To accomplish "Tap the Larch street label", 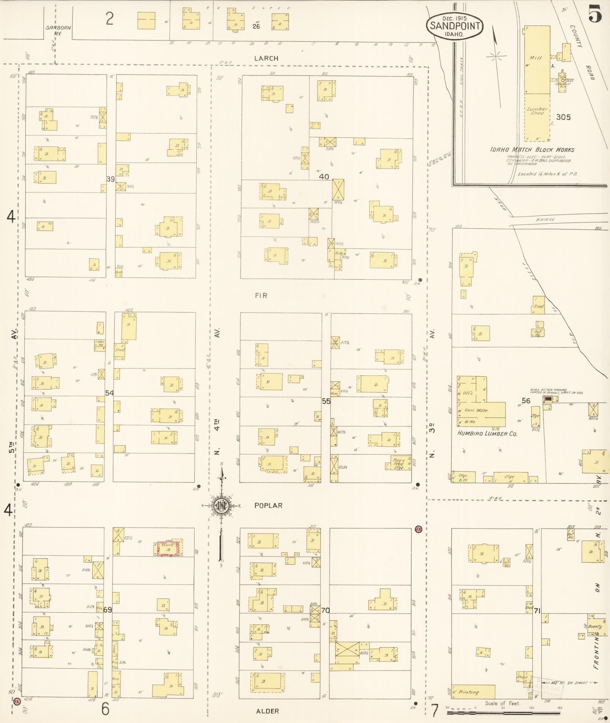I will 266,58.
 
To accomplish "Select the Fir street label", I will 261,296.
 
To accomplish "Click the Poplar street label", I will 268,505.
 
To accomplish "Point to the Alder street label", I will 267,711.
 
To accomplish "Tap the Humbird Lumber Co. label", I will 487,433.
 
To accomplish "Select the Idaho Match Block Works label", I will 532,150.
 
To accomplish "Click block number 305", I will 563,117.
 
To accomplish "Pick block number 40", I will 324,176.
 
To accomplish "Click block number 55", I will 326,401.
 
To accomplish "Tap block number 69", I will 108,610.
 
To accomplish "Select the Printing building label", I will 469,692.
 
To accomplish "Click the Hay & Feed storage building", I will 399,463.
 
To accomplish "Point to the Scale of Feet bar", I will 503,713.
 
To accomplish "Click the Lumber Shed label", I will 537,111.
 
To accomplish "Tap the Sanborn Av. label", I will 58,30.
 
